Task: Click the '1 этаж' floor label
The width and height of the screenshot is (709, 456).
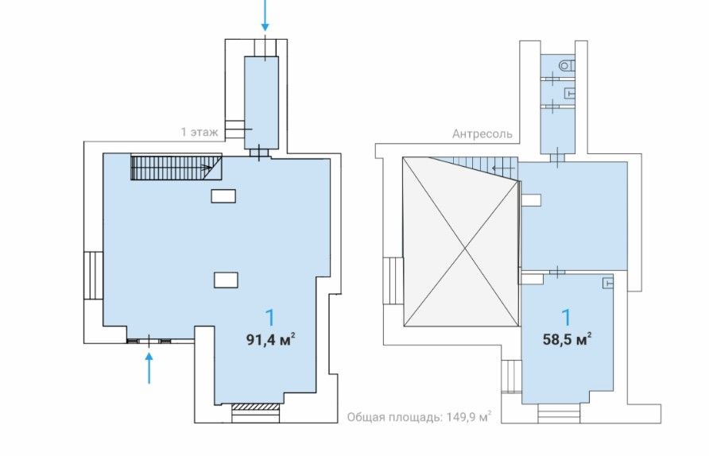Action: click(x=200, y=132)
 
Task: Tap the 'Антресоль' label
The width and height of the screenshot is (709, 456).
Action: click(x=482, y=134)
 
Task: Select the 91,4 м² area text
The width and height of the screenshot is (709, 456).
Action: click(x=271, y=339)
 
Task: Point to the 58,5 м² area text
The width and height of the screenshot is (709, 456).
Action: click(x=567, y=339)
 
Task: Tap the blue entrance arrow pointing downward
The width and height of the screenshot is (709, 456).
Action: click(x=265, y=15)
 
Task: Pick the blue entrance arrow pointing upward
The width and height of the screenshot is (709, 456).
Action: click(x=149, y=369)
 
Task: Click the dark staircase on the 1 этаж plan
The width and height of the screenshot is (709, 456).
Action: click(x=176, y=167)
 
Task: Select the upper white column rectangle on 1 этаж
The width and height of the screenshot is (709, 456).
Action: click(x=223, y=196)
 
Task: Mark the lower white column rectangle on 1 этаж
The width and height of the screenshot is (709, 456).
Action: click(x=226, y=280)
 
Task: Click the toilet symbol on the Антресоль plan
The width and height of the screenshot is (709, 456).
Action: click(x=567, y=66)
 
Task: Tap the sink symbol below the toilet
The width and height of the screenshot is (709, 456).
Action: click(x=570, y=93)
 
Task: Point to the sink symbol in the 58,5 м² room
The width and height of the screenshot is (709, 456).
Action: click(x=608, y=283)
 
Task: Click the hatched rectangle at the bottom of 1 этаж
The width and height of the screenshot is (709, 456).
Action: click(x=255, y=406)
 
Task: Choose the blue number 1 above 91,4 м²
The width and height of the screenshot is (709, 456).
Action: click(x=270, y=318)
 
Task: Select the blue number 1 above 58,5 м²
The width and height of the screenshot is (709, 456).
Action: click(x=567, y=318)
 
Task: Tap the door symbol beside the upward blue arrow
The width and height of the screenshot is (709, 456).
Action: click(x=149, y=341)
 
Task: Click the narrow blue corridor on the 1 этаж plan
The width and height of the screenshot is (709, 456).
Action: click(x=262, y=102)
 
